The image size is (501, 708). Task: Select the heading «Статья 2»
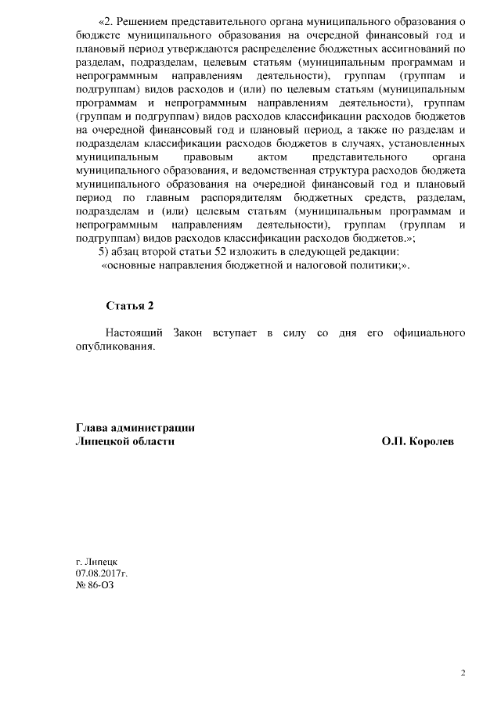tap(129, 305)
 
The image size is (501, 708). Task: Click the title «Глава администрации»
tap(135, 427)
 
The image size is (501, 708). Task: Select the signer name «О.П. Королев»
tap(418, 441)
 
